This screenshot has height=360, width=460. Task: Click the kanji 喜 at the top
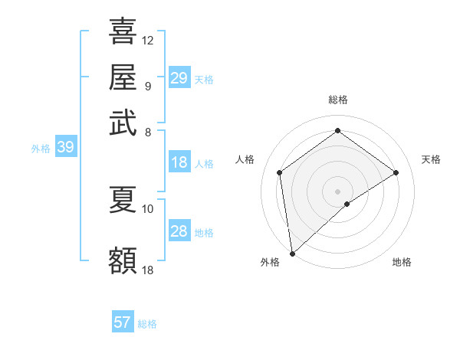point(123,31)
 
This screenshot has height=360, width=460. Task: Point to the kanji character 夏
point(123,199)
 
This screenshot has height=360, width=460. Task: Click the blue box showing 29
point(179,78)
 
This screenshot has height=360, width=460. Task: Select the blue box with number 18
point(179,162)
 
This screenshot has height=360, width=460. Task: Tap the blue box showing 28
point(179,231)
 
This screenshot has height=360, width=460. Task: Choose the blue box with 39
point(65,148)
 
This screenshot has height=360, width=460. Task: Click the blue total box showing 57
point(123,322)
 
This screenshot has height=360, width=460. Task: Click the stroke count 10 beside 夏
point(148,208)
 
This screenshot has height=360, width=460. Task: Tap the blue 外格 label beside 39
point(41,149)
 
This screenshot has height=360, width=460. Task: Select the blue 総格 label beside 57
point(147,324)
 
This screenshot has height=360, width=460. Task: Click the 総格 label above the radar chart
point(338,100)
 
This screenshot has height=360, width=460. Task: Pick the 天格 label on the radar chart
point(431,159)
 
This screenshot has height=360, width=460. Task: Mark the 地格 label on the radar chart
point(402,262)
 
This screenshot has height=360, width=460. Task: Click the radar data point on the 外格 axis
point(292,254)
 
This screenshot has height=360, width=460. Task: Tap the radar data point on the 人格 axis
point(280,172)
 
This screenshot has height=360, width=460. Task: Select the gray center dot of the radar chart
point(338,191)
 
